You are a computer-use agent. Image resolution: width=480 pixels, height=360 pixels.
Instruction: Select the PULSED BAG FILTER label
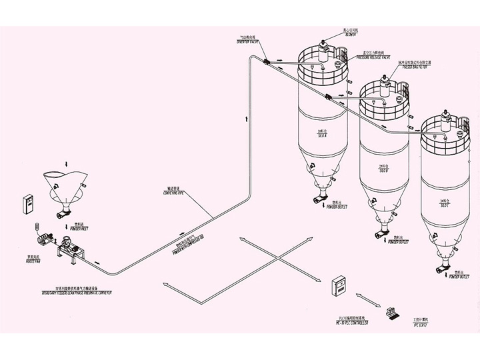click(x=414, y=66)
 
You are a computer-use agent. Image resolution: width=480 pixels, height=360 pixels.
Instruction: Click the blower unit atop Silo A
click(x=322, y=47)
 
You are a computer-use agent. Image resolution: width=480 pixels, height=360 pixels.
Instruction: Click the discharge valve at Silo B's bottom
click(x=381, y=233)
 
